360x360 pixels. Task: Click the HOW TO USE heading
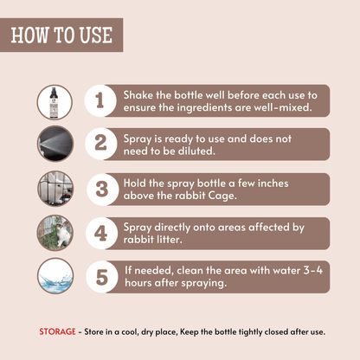61,35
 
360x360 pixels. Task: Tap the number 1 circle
100,100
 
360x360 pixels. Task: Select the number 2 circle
101,144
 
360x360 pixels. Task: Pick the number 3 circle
102,190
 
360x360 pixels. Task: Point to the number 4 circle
102,233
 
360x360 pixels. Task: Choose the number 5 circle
102,277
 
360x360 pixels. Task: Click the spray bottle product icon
55,102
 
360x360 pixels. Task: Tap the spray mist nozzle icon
55,144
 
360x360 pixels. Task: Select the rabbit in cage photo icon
55,189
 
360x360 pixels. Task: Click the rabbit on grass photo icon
55,233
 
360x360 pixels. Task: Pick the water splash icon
55,276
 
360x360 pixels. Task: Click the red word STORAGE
57,331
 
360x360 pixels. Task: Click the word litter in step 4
167,240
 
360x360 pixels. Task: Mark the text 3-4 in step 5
313,270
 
